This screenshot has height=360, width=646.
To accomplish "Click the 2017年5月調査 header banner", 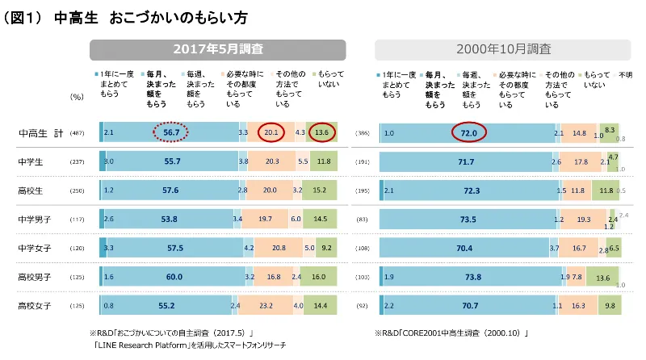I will (217, 49).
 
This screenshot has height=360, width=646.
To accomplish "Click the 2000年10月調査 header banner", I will (503, 49).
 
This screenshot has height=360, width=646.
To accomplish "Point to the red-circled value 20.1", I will (271, 132).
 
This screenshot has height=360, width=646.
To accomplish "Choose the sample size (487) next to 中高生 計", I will (78, 132).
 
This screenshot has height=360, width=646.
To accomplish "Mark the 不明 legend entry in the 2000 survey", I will (625, 74).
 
